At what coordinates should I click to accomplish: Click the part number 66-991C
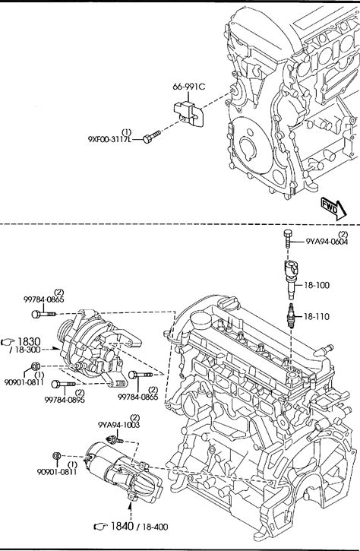point(188,87)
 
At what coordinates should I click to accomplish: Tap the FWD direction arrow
point(333,209)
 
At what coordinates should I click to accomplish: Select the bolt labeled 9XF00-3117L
point(152,137)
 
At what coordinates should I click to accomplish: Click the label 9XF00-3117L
point(110,140)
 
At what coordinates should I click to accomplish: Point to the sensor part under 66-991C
point(188,113)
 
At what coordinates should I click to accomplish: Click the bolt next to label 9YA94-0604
point(288,238)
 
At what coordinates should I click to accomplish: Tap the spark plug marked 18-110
point(291,315)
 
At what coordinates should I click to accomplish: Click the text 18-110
point(317,317)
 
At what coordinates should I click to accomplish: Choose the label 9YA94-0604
point(327,242)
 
